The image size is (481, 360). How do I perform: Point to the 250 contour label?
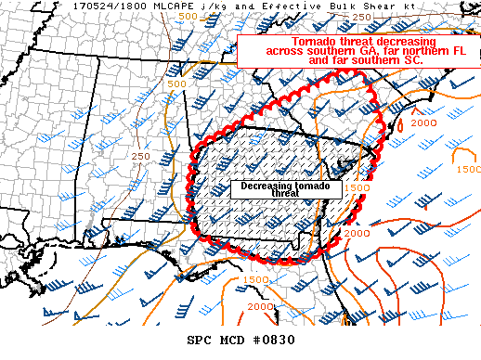pyautogui.click(x=141, y=156)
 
